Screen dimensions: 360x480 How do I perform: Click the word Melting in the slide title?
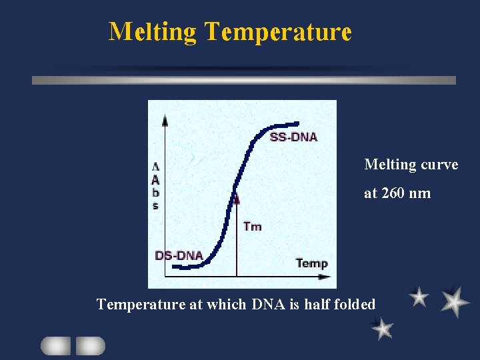[153, 31]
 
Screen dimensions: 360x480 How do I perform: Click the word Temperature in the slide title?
[278, 31]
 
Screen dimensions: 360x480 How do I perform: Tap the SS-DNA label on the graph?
[293, 137]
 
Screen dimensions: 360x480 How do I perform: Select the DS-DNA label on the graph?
[179, 255]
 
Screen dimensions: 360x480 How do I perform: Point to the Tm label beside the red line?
[253, 227]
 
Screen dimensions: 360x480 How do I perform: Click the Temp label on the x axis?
[311, 263]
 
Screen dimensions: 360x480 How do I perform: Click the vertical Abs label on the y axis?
[155, 186]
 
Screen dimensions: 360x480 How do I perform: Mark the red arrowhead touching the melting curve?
[236, 198]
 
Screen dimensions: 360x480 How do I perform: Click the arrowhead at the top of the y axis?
[165, 119]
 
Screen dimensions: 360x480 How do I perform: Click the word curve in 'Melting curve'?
[439, 164]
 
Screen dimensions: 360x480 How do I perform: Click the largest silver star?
[455, 301]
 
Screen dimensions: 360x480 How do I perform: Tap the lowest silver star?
[382, 328]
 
